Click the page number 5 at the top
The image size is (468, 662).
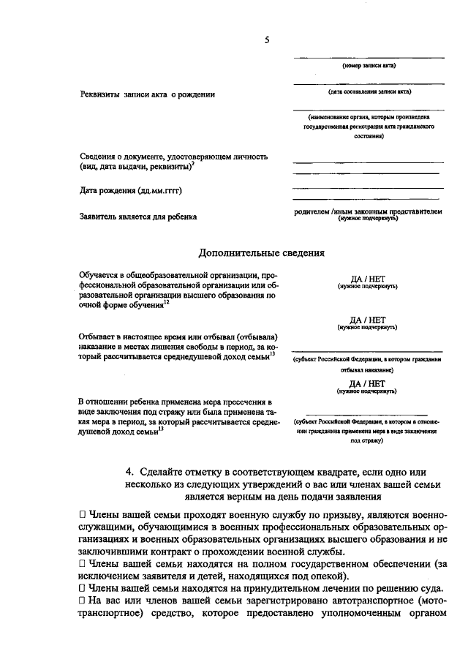[268, 42]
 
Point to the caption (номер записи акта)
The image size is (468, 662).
[369, 65]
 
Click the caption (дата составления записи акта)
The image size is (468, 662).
[369, 92]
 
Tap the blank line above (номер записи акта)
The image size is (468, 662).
[369, 57]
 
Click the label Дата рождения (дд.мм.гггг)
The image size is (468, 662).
[130, 190]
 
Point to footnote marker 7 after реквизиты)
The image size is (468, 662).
[192, 165]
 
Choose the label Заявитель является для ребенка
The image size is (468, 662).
[138, 217]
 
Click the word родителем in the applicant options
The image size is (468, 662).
[312, 211]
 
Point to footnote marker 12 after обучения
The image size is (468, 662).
[167, 302]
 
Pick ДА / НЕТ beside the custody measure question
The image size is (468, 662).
[367, 383]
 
